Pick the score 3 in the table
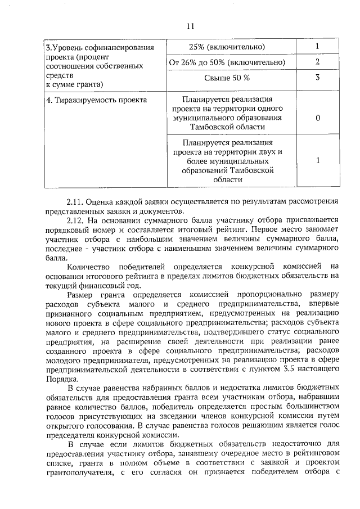click(318, 78)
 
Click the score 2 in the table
click(318, 62)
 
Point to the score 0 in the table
click(318, 119)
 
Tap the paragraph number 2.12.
click(76, 220)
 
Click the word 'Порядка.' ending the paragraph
click(62, 379)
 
